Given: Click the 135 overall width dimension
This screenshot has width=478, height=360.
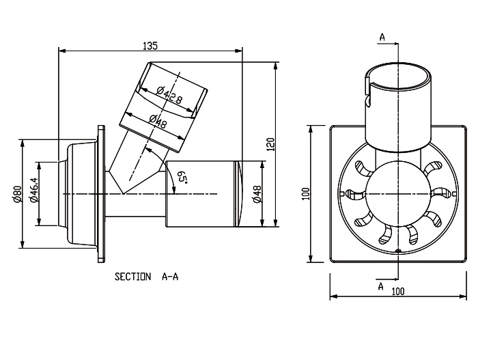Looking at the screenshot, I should pyautogui.click(x=150, y=45).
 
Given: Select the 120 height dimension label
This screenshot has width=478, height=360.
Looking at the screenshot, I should pyautogui.click(x=270, y=144).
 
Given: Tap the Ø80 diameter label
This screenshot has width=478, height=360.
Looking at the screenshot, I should pyautogui.click(x=14, y=195).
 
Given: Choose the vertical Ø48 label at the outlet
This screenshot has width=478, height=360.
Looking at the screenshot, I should pyautogui.click(x=257, y=194).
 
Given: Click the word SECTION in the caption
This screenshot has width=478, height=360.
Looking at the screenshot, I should pyautogui.click(x=132, y=277).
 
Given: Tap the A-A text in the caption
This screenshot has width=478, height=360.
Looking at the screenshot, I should pyautogui.click(x=171, y=277).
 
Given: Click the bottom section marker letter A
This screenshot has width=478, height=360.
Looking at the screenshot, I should pyautogui.click(x=381, y=286).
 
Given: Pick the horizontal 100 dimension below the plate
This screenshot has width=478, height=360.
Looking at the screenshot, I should pyautogui.click(x=398, y=292).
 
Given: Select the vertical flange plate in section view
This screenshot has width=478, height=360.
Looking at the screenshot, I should pyautogui.click(x=102, y=194).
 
